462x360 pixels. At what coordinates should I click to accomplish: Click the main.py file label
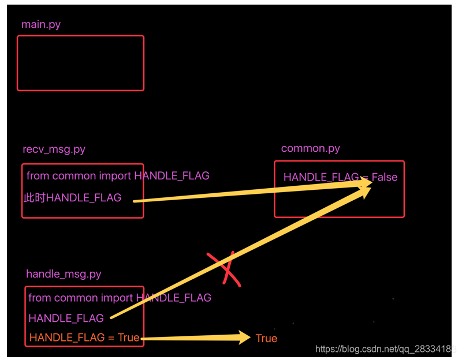pyautogui.click(x=40, y=25)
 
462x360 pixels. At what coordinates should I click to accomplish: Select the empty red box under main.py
pyautogui.click(x=80, y=63)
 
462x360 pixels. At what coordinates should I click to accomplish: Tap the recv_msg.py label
pyautogui.click(x=54, y=149)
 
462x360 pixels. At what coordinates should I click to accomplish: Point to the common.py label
pyautogui.click(x=310, y=148)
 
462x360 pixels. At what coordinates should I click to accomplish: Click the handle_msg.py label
pyautogui.click(x=64, y=274)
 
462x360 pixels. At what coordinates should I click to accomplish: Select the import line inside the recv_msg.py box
pyautogui.click(x=118, y=176)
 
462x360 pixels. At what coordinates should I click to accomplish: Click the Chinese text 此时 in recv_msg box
pyautogui.click(x=34, y=198)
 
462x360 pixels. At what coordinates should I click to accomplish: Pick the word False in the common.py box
pyautogui.click(x=385, y=177)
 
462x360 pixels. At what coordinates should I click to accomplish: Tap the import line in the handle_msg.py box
pyautogui.click(x=120, y=298)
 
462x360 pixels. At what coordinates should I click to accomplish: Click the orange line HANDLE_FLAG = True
pyautogui.click(x=84, y=338)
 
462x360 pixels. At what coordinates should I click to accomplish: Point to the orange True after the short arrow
pyautogui.click(x=266, y=339)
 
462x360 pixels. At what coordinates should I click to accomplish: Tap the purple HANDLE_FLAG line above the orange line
pyautogui.click(x=66, y=318)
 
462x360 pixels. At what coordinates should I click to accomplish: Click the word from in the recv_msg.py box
pyautogui.click(x=38, y=176)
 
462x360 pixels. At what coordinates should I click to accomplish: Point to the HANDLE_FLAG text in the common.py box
pyautogui.click(x=321, y=177)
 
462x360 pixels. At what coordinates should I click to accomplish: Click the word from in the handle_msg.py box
pyautogui.click(x=39, y=298)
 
